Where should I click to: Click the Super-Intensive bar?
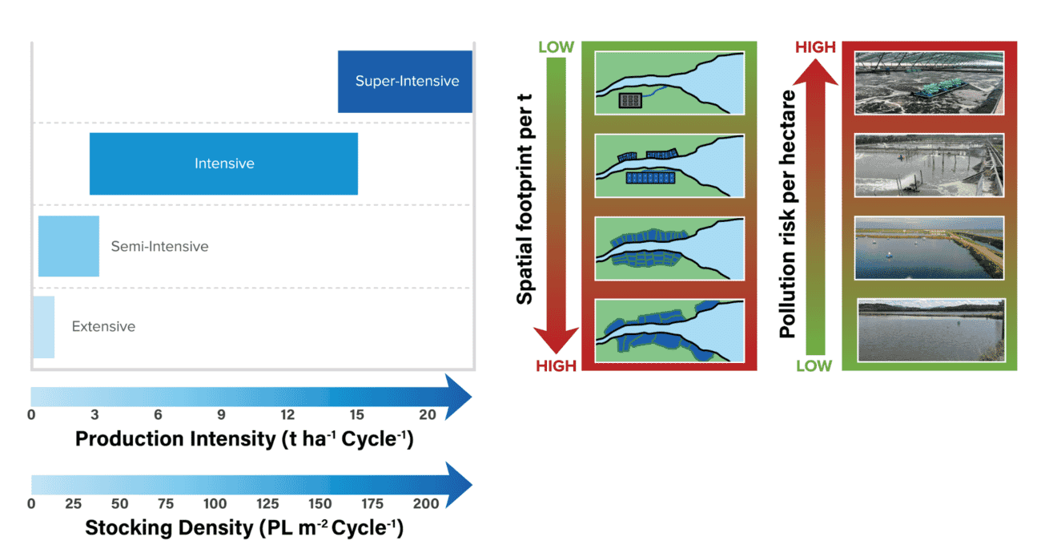[x=404, y=81]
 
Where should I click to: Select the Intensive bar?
[x=223, y=163]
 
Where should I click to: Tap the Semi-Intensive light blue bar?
[x=68, y=246]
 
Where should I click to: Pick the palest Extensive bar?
[x=42, y=327]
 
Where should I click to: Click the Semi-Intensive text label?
[x=159, y=247]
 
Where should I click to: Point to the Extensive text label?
[x=103, y=327]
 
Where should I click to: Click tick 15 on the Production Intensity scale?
[x=356, y=414]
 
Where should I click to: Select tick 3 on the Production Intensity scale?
[x=94, y=414]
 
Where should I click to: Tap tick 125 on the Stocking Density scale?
[x=267, y=503]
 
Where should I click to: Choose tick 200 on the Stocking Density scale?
[x=426, y=503]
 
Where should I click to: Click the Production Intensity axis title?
[x=244, y=439]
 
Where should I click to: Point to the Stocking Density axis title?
[x=244, y=529]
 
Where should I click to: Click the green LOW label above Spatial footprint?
[x=556, y=47]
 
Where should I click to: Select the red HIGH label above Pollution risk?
[x=815, y=47]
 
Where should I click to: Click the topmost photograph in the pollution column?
[x=929, y=83]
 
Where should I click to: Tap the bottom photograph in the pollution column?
[x=929, y=329]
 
